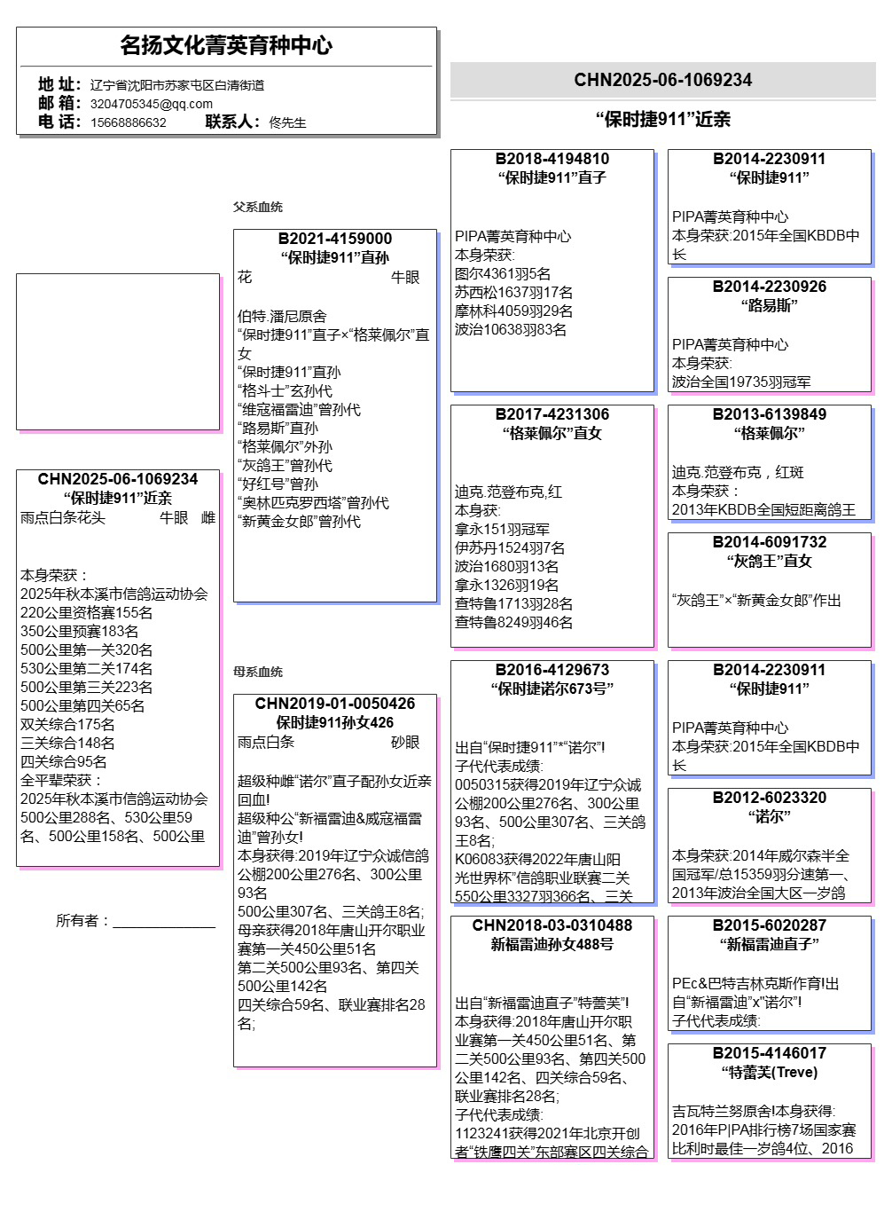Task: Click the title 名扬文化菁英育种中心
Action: pos(226,45)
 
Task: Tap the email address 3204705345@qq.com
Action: pos(151,104)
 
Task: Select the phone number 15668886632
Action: pos(128,122)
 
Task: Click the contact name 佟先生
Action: pos(287,122)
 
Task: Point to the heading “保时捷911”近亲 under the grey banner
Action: pos(662,119)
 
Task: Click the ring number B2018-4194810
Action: pos(552,159)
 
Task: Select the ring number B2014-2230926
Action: pos(769,287)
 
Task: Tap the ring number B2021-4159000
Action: pos(334,239)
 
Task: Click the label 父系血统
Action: pos(257,207)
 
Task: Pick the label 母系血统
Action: pos(257,672)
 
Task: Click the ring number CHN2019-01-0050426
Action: pos(334,704)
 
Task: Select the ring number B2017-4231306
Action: pos(552,414)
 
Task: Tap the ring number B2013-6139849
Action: pos(769,414)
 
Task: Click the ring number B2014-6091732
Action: pos(769,542)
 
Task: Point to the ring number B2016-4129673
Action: pos(552,670)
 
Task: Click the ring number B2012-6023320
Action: pos(769,798)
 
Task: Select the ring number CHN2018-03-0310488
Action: pos(552,925)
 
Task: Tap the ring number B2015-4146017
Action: pos(769,1053)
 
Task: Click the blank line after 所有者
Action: pos(164,923)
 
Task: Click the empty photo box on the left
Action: pos(117,351)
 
